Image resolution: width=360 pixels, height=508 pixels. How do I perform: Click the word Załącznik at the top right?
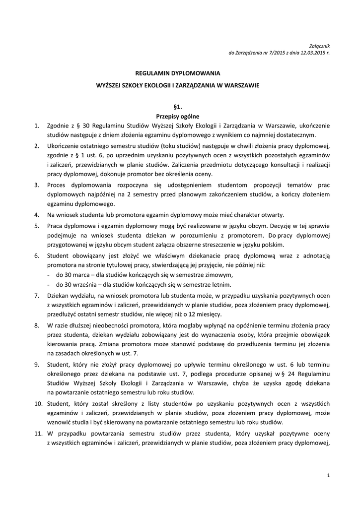(320, 45)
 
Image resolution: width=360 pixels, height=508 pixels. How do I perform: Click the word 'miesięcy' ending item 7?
(210, 315)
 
